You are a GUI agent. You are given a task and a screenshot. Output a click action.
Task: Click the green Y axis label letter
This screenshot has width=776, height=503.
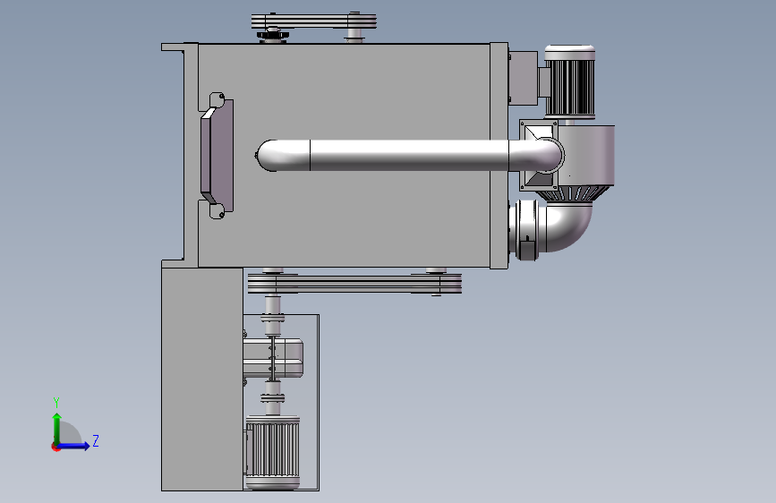pos(56,402)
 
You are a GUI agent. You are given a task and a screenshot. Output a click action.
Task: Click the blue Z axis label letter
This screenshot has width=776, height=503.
pos(96,440)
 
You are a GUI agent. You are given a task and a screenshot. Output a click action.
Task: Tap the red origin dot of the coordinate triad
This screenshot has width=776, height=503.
pos(55,447)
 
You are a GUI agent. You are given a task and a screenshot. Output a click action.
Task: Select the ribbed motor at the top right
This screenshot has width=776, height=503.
pos(569,81)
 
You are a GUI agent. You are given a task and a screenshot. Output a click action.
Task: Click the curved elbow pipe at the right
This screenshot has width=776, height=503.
pos(569,226)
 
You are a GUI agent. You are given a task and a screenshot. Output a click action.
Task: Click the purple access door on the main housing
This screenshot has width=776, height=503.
pos(217,156)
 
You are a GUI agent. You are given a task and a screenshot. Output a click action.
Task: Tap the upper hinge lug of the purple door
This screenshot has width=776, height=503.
pos(217,98)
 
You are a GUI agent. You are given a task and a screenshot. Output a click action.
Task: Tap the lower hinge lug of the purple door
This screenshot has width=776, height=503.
pos(217,211)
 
